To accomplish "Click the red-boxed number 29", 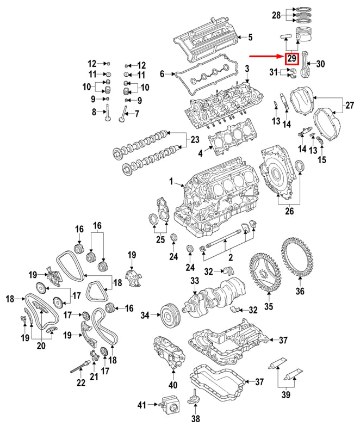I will click(292, 59).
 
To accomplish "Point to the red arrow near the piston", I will click(266, 56).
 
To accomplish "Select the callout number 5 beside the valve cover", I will click(250, 38).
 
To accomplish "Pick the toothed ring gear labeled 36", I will click(299, 258).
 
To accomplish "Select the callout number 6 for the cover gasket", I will click(162, 73).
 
